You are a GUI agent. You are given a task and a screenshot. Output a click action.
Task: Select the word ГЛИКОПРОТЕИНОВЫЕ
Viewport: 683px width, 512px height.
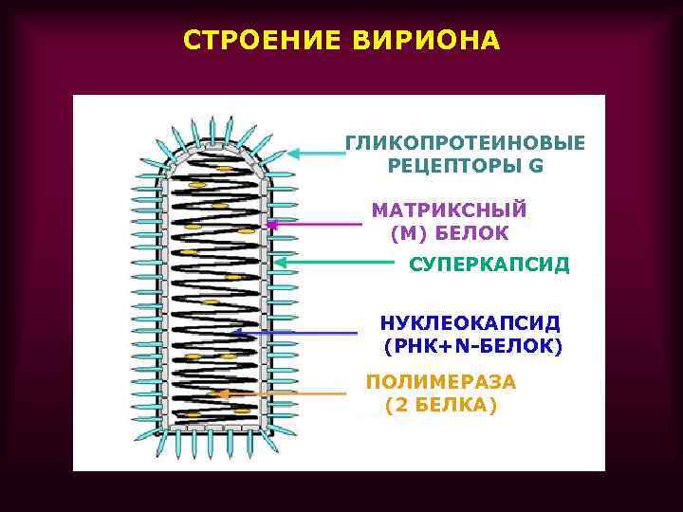(465, 142)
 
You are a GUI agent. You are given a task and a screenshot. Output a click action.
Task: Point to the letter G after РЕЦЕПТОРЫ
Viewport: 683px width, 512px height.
(537, 166)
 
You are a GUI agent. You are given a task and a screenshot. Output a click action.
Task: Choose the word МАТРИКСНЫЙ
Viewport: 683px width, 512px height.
(448, 210)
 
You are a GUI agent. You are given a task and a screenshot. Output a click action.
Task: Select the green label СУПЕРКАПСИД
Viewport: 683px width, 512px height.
(489, 264)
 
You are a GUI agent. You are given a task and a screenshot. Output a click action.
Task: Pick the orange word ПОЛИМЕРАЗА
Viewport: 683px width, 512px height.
(441, 382)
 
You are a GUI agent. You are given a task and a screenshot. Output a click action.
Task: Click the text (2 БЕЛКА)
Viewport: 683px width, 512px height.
(441, 406)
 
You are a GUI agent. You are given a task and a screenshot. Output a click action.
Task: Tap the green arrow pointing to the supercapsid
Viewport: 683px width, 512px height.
(333, 261)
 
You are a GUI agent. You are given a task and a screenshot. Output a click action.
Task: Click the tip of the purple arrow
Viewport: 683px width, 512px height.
(268, 225)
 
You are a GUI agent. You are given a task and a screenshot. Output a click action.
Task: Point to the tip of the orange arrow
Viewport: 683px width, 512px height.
(212, 393)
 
